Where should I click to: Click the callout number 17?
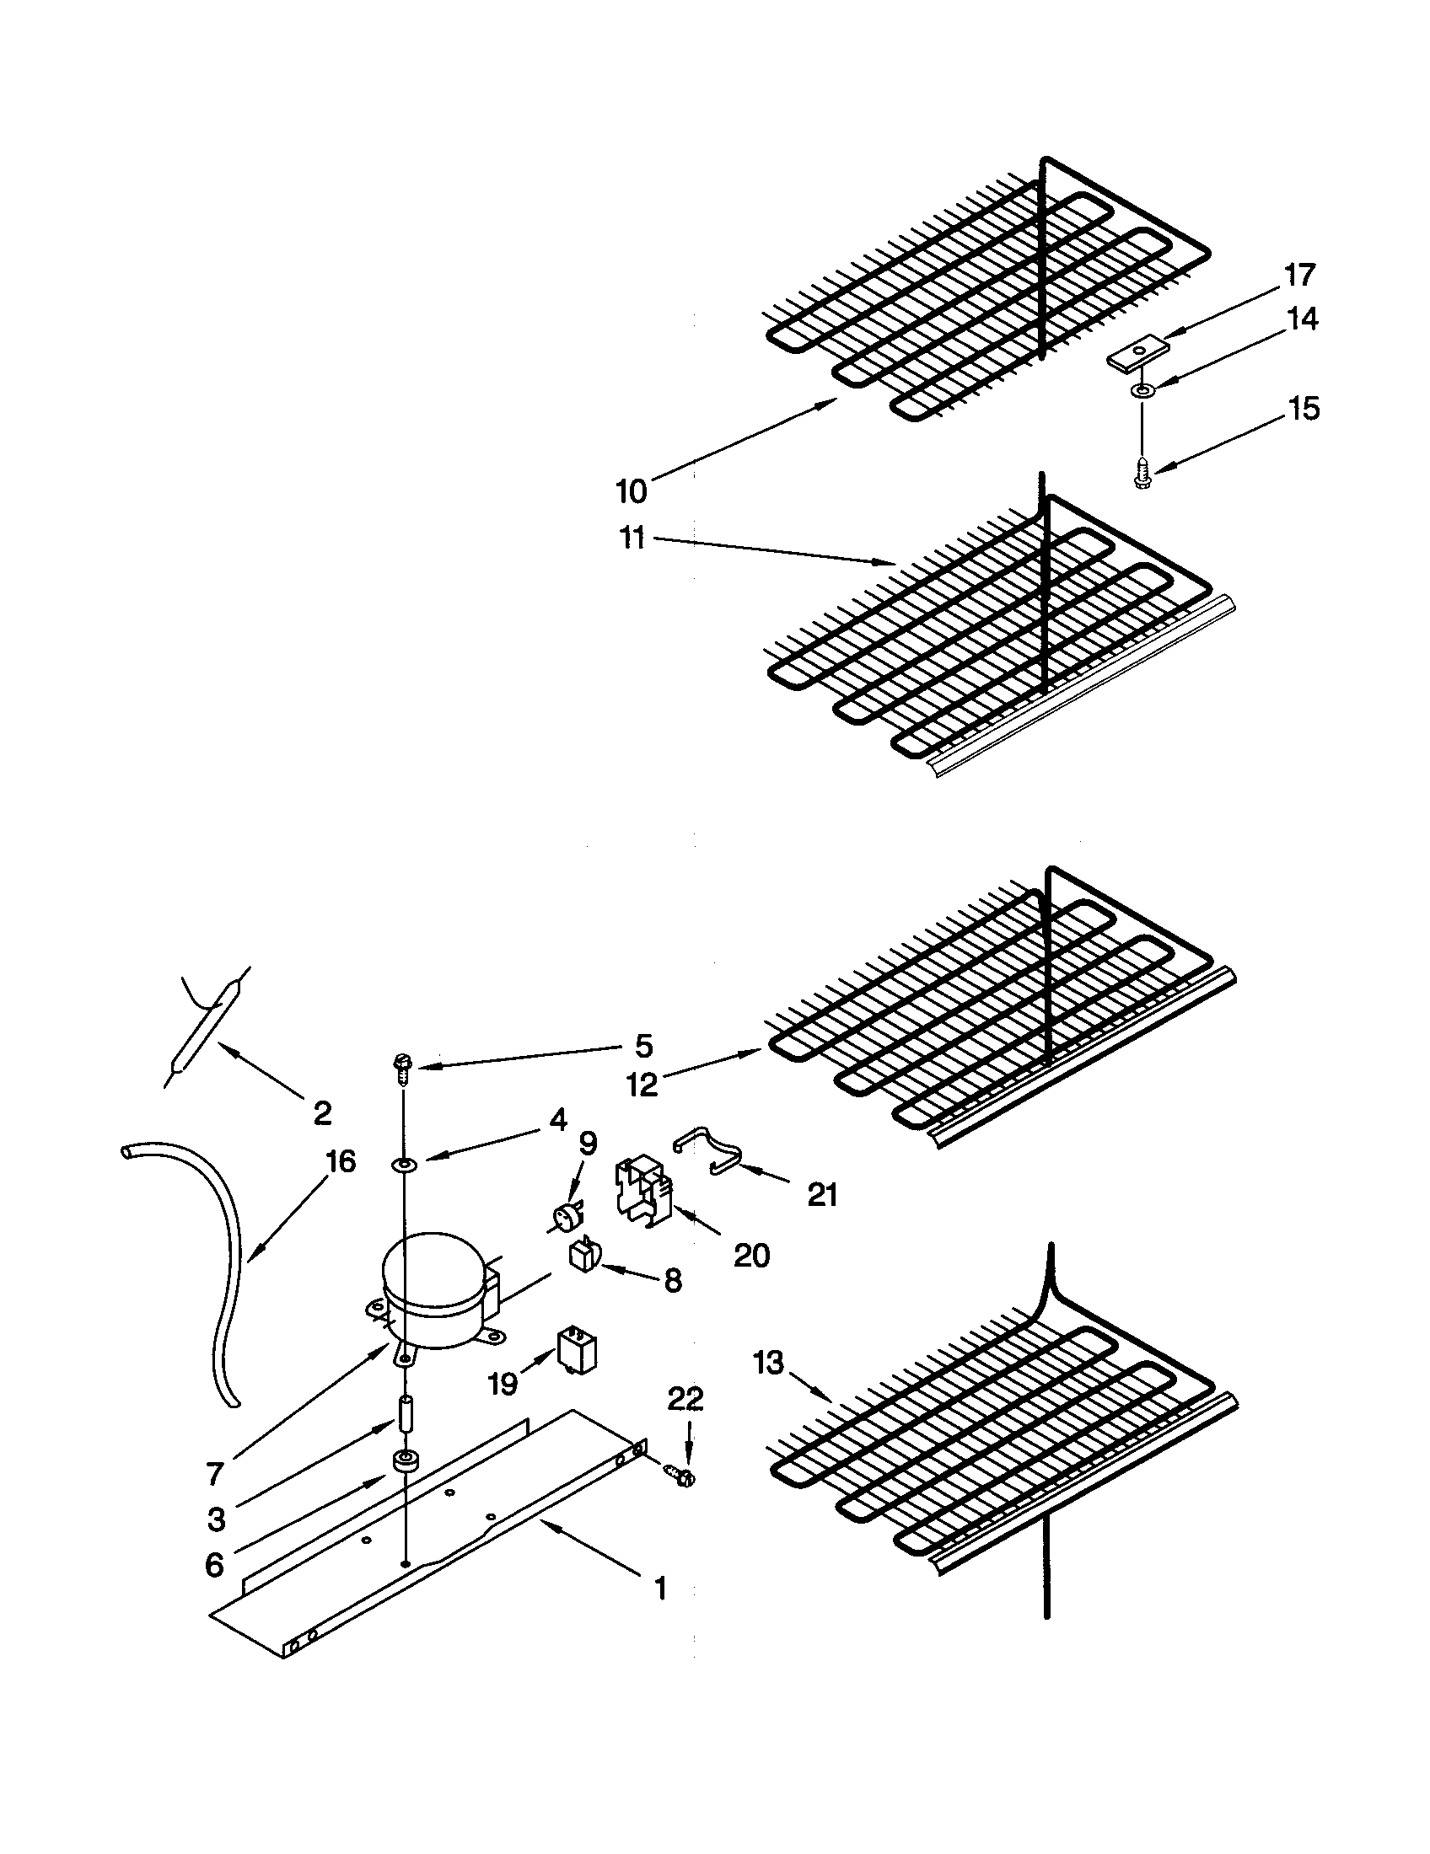[x=1300, y=276]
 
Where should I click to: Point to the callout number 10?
[x=631, y=490]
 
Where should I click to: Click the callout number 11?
[x=632, y=539]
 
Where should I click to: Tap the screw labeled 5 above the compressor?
[x=403, y=1066]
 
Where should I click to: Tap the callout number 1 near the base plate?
[x=661, y=1589]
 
